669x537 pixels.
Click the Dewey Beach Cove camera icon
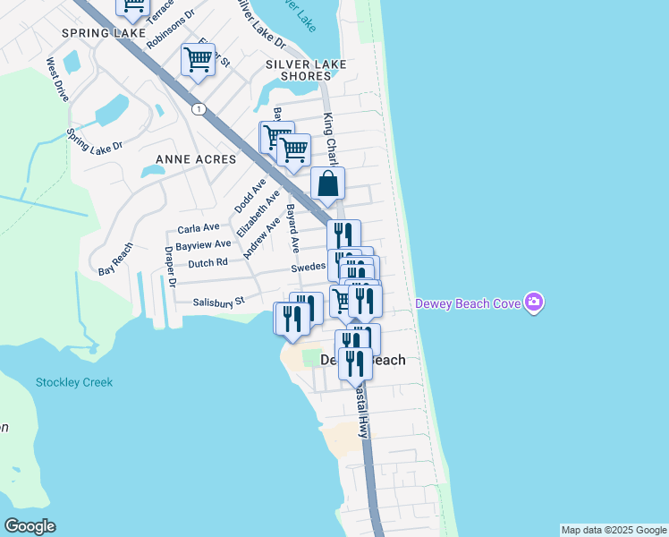tap(534, 303)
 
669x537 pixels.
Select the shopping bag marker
tap(328, 184)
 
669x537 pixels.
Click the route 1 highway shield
tap(198, 108)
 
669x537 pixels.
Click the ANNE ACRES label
tap(196, 159)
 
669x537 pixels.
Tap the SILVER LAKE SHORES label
tap(299, 70)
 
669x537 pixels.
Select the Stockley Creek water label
tap(74, 382)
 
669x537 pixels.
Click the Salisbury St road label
tap(219, 303)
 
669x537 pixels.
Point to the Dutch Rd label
tap(208, 263)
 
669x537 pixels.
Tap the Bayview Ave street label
tap(203, 244)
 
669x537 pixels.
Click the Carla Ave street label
tap(199, 228)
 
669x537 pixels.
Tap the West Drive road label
tap(58, 80)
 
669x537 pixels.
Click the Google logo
tap(30, 526)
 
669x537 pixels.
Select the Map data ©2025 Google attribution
tap(614, 530)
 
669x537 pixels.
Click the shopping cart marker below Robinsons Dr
tap(198, 60)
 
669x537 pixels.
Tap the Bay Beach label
tap(116, 258)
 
